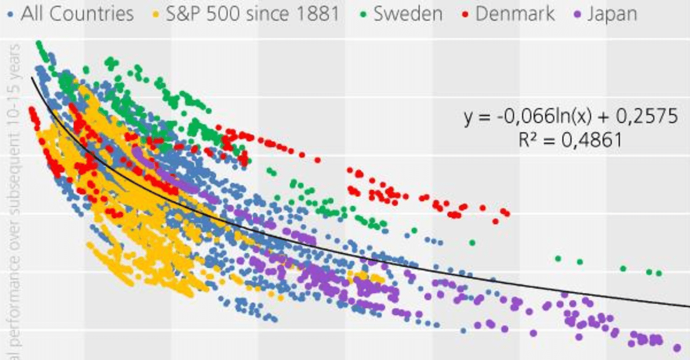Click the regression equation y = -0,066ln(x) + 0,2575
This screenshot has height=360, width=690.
tap(570, 116)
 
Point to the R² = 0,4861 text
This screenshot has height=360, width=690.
tap(570, 140)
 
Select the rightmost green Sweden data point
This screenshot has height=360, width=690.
tap(659, 273)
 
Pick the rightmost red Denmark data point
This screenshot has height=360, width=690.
tap(507, 213)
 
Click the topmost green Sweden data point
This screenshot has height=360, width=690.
tap(39, 43)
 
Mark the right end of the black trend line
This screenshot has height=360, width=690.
tap(688, 306)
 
